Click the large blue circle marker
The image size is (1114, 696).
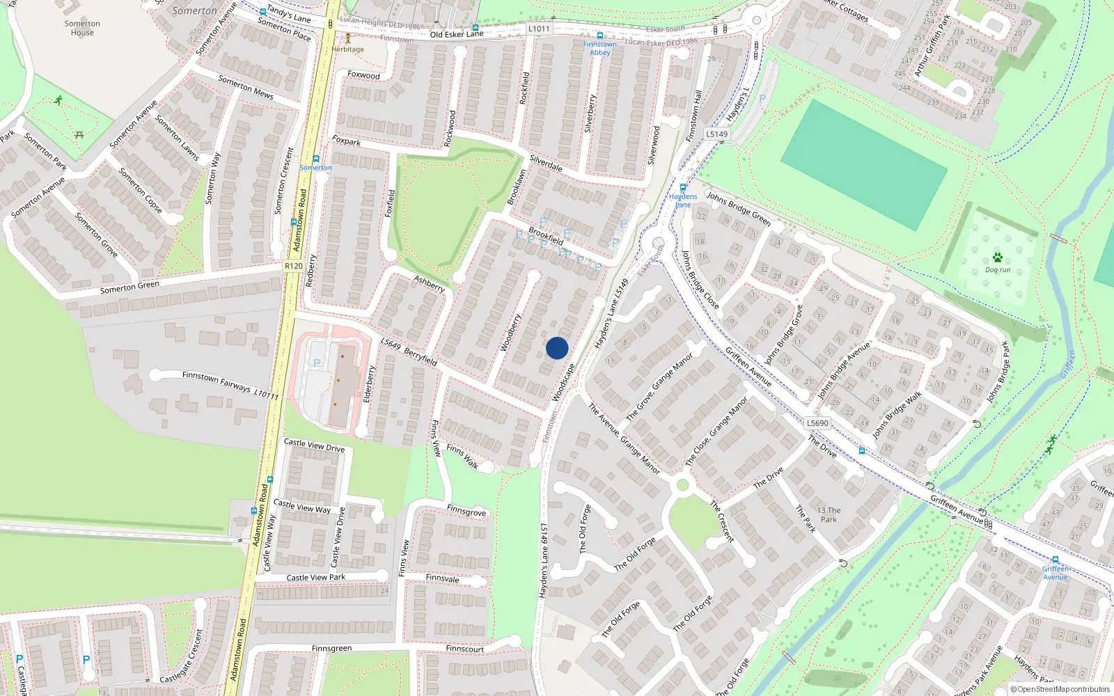click(x=557, y=348)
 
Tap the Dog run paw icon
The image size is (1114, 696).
click(x=998, y=258)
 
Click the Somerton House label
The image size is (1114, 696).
click(x=82, y=28)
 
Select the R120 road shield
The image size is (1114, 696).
click(x=294, y=266)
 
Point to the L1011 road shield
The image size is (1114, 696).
click(x=538, y=29)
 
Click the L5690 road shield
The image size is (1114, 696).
click(x=817, y=423)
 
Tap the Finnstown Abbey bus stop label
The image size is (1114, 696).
click(x=599, y=48)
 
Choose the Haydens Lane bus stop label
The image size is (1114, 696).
click(x=683, y=200)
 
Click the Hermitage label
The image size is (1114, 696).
click(x=347, y=49)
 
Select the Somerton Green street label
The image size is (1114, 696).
click(x=130, y=287)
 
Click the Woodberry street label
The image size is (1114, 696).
click(x=511, y=333)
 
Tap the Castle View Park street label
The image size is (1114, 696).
click(x=315, y=578)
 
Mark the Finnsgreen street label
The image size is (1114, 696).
click(x=331, y=649)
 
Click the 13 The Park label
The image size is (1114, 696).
click(x=829, y=514)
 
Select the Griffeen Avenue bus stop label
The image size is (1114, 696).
click(x=1056, y=573)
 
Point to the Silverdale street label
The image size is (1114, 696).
click(x=546, y=164)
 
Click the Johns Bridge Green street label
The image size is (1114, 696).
click(x=739, y=209)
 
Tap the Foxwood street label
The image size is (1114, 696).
click(x=363, y=75)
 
